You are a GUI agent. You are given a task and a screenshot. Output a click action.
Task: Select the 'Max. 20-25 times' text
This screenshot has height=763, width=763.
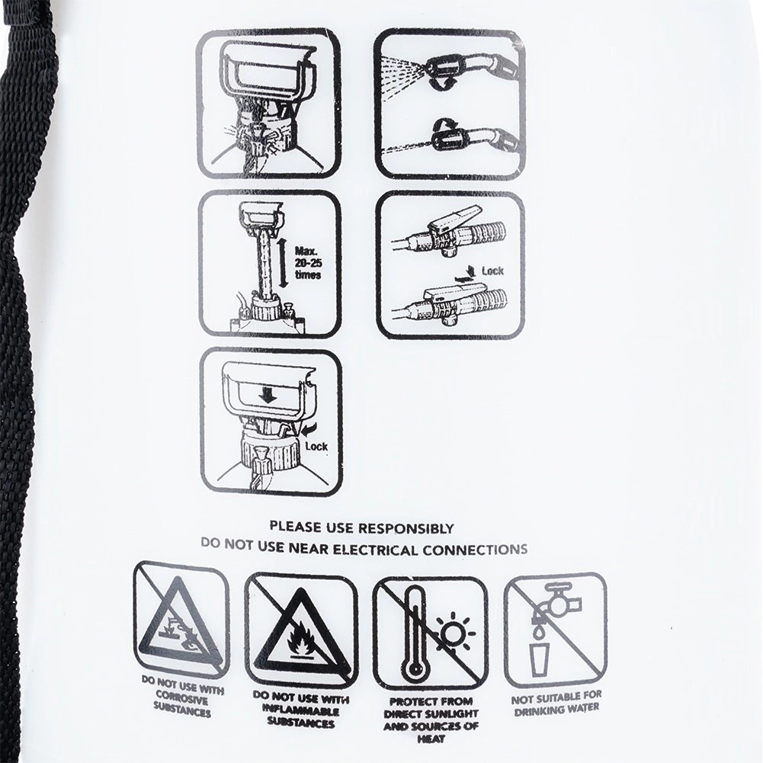click(308, 263)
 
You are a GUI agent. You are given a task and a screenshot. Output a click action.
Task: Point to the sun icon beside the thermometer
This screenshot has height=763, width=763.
click(453, 633)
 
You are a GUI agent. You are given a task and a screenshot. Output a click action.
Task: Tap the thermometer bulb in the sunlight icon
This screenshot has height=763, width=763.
click(414, 672)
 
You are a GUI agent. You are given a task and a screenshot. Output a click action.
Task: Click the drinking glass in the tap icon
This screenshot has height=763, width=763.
click(540, 659)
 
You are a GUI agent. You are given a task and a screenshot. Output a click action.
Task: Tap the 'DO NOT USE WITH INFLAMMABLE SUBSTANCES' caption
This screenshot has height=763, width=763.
click(301, 711)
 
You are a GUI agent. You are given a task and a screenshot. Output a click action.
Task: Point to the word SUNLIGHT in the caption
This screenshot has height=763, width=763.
click(450, 714)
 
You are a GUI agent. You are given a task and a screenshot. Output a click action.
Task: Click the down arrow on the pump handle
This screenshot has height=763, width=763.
click(267, 396)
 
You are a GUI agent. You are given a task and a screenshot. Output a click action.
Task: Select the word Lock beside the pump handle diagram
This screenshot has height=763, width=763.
click(316, 446)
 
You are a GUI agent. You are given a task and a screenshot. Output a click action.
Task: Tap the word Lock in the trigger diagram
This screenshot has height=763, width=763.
click(492, 271)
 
